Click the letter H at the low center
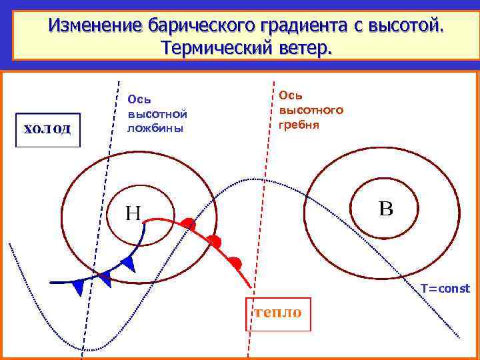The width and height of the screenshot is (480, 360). click(x=133, y=213)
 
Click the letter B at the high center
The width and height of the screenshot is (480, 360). click(x=386, y=207)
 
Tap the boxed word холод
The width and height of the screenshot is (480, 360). click(x=47, y=128)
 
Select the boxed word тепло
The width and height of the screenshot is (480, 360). click(x=278, y=313)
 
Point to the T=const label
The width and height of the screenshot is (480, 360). click(x=445, y=288)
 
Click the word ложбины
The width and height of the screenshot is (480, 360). click(x=155, y=128)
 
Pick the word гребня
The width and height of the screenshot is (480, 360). click(x=299, y=124)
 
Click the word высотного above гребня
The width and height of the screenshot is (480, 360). click(x=311, y=109)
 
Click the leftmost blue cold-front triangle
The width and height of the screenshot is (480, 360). click(x=78, y=287)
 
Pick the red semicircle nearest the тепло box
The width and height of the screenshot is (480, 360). click(x=235, y=263)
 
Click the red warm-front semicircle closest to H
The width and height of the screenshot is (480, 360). click(x=189, y=225)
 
